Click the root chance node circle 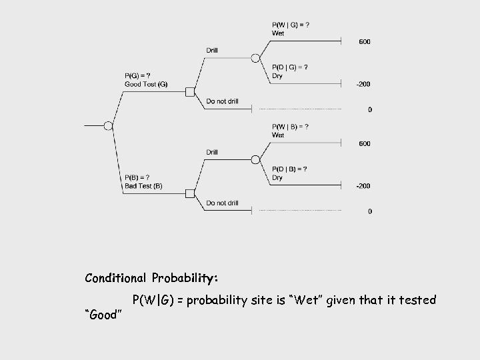[109, 125]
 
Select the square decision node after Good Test [190, 92]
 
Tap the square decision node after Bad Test [190, 193]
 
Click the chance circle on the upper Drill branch [255, 58]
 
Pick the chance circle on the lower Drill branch [255, 159]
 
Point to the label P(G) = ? [137, 75]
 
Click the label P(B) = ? [137, 177]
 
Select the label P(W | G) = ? [291, 25]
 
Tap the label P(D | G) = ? [290, 67]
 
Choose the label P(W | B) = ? [291, 127]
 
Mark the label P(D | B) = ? [290, 169]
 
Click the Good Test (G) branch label [146, 84]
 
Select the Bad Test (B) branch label [143, 185]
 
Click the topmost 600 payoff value [365, 42]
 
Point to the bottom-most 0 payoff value [370, 211]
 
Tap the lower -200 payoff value [363, 186]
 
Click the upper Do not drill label [222, 101]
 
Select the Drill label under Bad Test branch [211, 152]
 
